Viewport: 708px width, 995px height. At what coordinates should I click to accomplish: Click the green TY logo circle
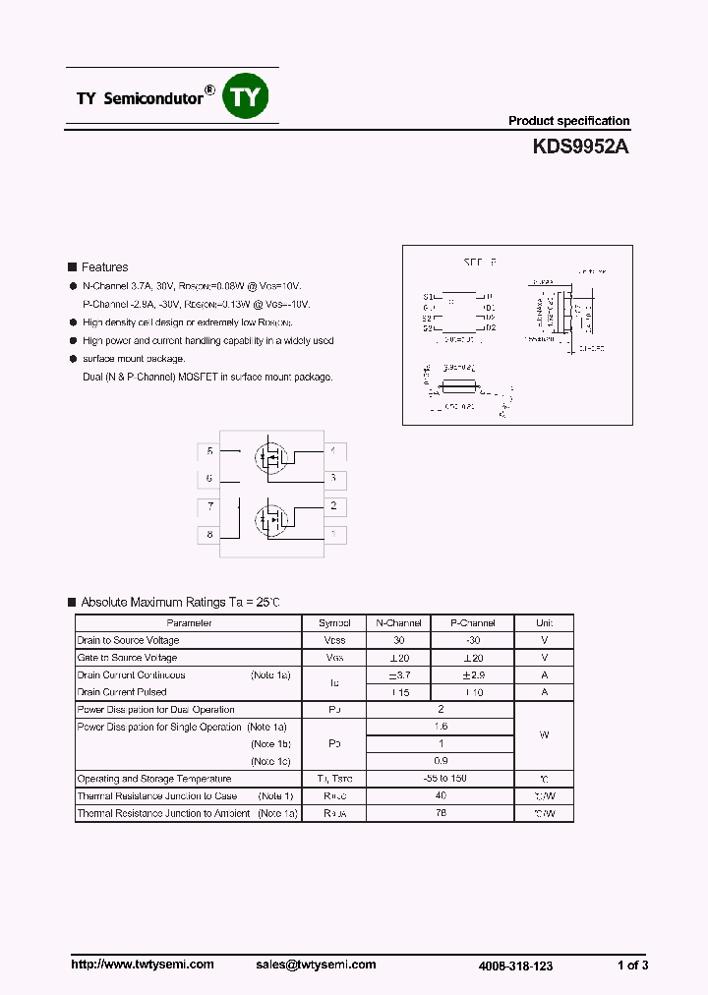[x=247, y=96]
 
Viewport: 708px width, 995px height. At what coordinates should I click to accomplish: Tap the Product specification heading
[x=568, y=121]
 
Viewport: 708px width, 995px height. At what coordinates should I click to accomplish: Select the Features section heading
[x=104, y=267]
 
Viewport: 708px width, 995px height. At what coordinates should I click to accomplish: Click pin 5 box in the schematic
[x=209, y=451]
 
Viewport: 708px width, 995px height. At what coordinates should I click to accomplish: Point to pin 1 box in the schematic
[x=333, y=534]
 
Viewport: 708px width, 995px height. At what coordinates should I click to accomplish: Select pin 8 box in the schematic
[x=209, y=534]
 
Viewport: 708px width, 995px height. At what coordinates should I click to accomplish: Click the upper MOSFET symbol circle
[x=269, y=457]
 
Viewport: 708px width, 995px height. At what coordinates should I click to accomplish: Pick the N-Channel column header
[x=398, y=623]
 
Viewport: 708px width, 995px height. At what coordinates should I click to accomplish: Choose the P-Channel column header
[x=473, y=623]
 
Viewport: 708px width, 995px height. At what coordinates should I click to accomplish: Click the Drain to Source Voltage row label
[x=129, y=640]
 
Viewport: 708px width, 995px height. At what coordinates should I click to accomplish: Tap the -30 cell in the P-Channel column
[x=473, y=640]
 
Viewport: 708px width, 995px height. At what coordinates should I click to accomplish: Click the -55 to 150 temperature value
[x=440, y=779]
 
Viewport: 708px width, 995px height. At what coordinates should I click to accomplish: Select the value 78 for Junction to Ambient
[x=440, y=813]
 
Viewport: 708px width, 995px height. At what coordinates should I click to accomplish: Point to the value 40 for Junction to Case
[x=440, y=796]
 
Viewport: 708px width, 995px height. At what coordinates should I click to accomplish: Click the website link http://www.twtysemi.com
[x=143, y=965]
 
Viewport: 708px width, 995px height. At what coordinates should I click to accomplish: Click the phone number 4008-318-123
[x=515, y=966]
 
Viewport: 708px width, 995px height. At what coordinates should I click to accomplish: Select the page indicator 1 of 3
[x=632, y=966]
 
